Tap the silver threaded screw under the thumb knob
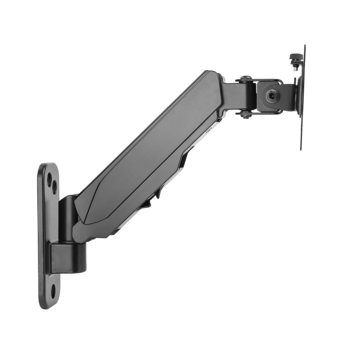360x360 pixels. (296, 66)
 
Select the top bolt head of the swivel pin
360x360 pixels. (246, 78)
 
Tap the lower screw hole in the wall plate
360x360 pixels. (53, 291)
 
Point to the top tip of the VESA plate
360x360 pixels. (304, 47)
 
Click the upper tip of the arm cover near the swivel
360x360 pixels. (212, 74)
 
